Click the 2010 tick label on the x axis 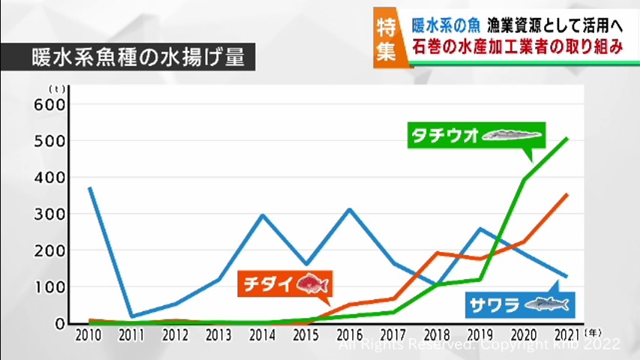(88, 334)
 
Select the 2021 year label (568, 334)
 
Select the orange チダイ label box (284, 284)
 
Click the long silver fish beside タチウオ (510, 136)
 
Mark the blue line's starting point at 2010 (89, 187)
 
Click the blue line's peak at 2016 (349, 209)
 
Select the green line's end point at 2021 (567, 138)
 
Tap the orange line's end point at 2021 (567, 194)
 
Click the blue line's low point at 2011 (132, 316)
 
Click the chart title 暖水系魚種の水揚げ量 (127, 58)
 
